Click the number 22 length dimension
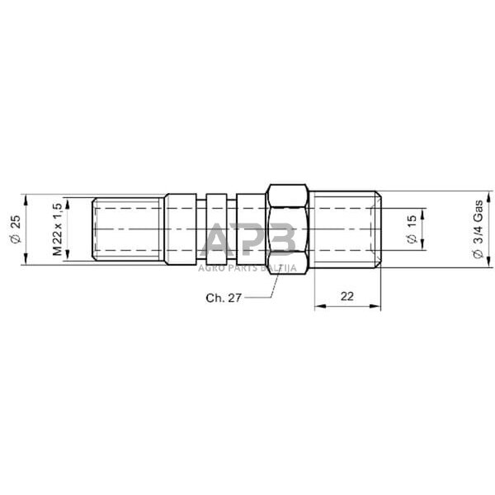[x=347, y=295]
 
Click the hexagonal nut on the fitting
[x=289, y=229]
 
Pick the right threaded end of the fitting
[x=346, y=229]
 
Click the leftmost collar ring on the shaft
[x=181, y=229]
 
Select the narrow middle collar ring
[x=215, y=229]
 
